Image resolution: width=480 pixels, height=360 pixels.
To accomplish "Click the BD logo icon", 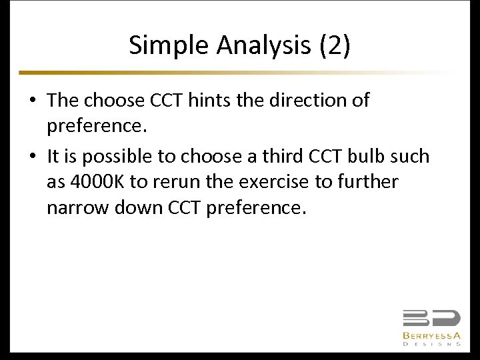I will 431,319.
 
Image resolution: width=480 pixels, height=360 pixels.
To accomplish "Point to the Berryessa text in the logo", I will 431,336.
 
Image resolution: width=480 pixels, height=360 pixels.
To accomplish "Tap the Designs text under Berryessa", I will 431,345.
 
